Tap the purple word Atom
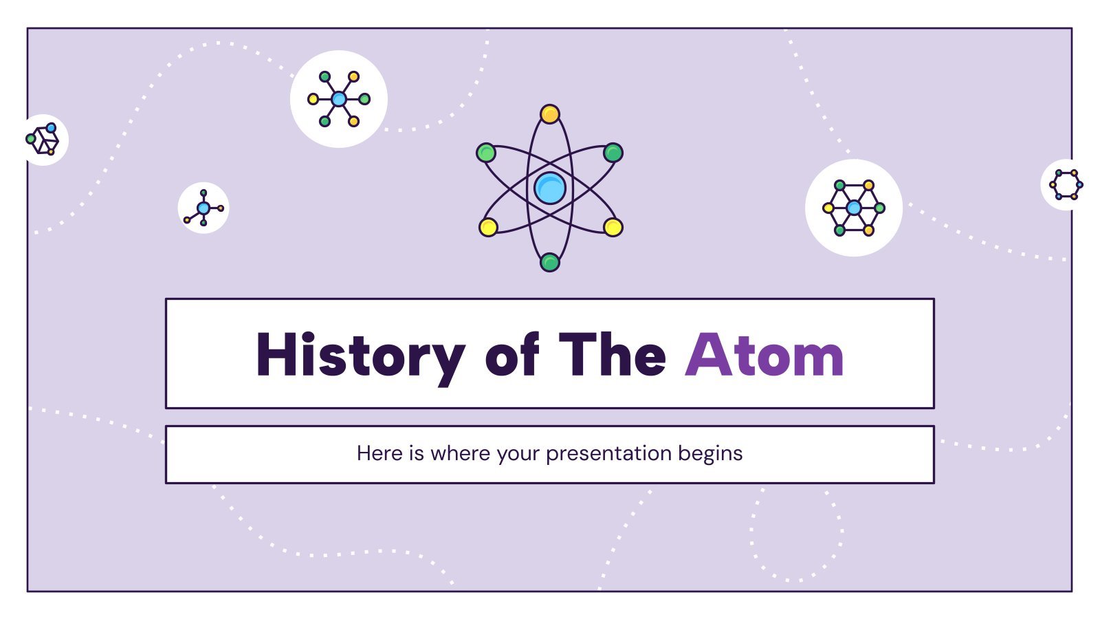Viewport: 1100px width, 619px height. pos(764,354)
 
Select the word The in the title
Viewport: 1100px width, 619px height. pos(612,354)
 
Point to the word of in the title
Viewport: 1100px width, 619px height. pos(512,354)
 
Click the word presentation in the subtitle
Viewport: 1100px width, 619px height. pos(609,454)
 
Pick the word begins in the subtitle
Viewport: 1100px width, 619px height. pos(710,454)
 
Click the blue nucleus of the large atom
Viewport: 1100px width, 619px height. pos(549,188)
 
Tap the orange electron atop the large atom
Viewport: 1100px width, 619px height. pos(549,114)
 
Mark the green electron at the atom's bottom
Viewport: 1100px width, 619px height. pos(549,262)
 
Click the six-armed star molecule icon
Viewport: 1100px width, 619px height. pos(339,99)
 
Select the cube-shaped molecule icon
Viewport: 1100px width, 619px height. pos(43,140)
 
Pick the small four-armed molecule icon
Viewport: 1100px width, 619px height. pos(203,208)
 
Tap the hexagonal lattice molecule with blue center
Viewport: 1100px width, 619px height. pos(853,208)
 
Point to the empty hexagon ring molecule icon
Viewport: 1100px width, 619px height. pos(1066,185)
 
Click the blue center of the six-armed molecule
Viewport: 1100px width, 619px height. pos(339,99)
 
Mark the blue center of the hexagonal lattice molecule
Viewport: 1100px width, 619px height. pos(853,208)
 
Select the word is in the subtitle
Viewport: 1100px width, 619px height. pos(417,453)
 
